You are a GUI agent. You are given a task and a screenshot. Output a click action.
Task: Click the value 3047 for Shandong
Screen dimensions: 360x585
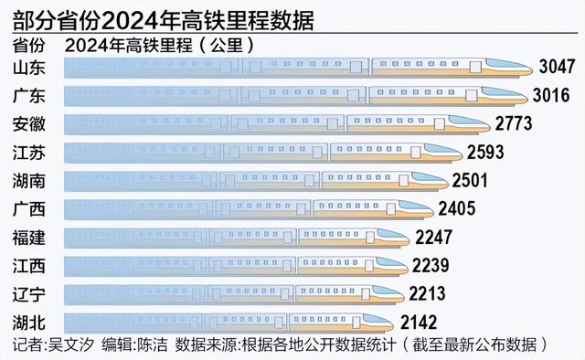pos(557,68)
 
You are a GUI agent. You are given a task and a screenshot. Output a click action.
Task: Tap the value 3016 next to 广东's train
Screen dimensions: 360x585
pos(551,96)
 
